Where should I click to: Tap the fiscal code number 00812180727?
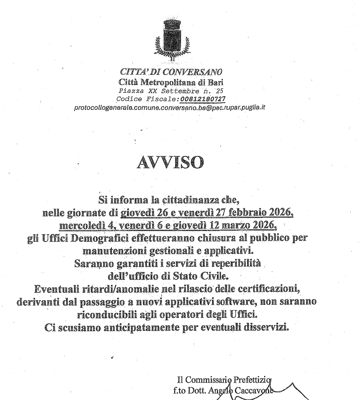(x=201, y=98)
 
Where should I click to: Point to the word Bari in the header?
(x=214, y=82)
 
